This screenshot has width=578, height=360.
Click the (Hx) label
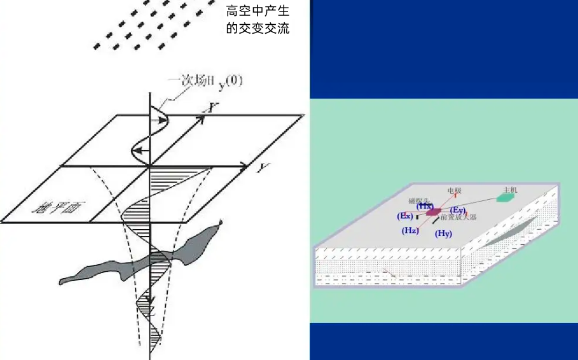click(x=425, y=206)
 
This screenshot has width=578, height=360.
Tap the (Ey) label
click(x=458, y=210)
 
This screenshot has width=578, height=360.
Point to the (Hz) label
click(x=410, y=230)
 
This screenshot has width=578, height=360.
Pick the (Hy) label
click(x=443, y=233)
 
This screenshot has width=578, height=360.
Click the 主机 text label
click(x=511, y=190)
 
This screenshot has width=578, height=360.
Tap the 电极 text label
click(x=454, y=190)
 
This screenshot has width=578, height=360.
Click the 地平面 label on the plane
click(x=53, y=207)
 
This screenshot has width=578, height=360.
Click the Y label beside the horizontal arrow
click(x=261, y=168)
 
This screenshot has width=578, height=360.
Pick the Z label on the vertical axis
click(x=148, y=300)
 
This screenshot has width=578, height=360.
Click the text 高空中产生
click(x=258, y=11)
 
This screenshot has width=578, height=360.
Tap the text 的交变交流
click(x=258, y=29)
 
